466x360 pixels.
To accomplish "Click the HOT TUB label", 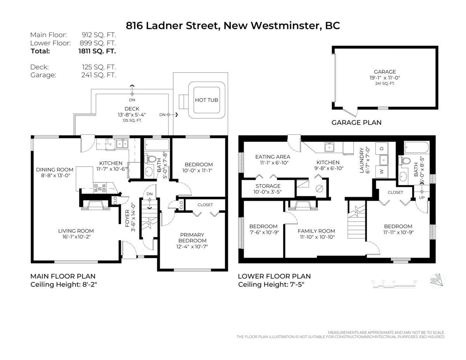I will [x=206, y=100].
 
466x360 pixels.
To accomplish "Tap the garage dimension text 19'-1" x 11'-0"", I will [x=384, y=78].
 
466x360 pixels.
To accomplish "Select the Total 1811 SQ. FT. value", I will [x=97, y=51].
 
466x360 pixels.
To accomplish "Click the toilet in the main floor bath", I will [x=152, y=159].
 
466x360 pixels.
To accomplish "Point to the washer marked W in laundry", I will [x=381, y=171].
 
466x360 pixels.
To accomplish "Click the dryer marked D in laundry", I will [x=381, y=149].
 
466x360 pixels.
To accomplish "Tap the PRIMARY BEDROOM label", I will [x=192, y=238].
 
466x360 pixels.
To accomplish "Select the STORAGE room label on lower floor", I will [x=268, y=186].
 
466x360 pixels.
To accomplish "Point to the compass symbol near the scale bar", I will [x=438, y=280].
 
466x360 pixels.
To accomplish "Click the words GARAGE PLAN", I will [x=356, y=122].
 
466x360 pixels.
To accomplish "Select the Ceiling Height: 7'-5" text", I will [x=271, y=285].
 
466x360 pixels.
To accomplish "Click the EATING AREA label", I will [x=273, y=157].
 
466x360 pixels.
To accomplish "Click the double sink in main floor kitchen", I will [x=123, y=144].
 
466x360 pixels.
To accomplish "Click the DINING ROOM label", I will [x=55, y=169].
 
